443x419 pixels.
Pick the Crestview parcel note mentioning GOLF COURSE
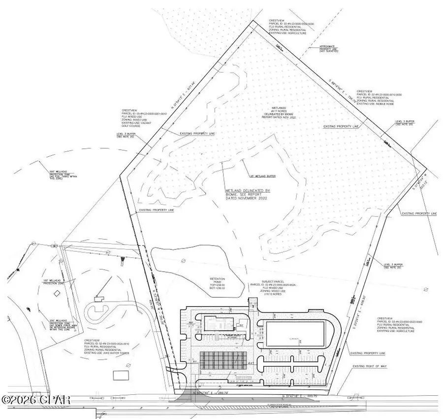139,118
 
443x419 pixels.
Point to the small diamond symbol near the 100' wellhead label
57,294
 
